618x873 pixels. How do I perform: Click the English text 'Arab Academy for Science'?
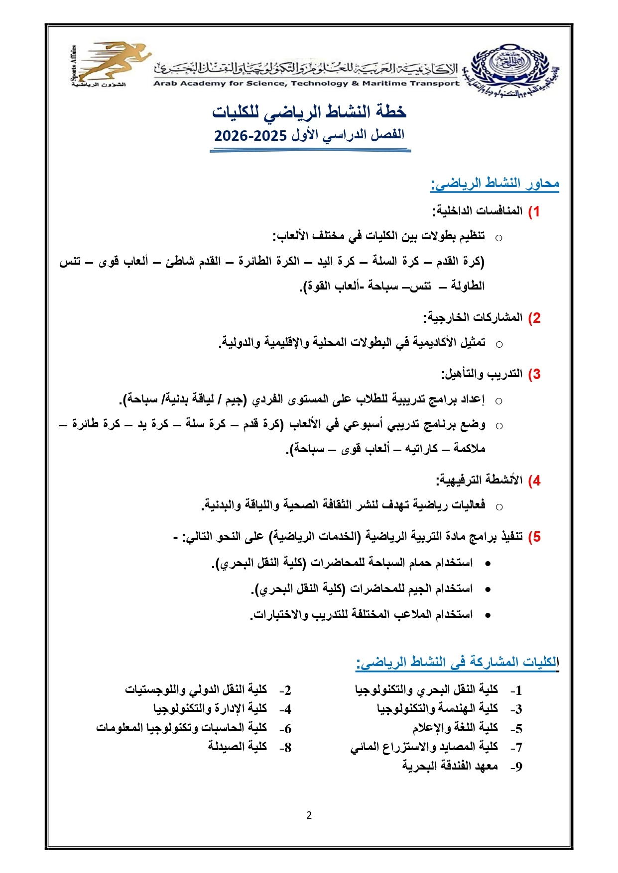[x=219, y=84]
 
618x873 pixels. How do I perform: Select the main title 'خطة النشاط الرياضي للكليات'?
[x=309, y=112]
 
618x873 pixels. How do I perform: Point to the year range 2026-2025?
[x=250, y=136]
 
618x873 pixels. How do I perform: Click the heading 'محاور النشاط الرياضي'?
[x=494, y=184]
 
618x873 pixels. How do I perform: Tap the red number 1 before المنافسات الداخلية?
[x=534, y=211]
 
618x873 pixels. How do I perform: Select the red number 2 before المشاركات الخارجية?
[x=534, y=318]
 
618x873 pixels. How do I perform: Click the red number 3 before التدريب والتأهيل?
[x=534, y=375]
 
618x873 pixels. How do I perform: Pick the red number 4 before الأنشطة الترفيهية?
[x=534, y=481]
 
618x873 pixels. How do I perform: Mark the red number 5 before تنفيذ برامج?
[x=534, y=537]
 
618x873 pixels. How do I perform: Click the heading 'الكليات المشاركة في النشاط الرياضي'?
[x=457, y=662]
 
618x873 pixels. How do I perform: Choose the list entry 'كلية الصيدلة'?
[x=238, y=747]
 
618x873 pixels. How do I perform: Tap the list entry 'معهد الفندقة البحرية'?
[x=450, y=766]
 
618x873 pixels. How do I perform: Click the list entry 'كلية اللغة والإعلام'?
[x=455, y=728]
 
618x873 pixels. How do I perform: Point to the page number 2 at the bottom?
[x=309, y=815]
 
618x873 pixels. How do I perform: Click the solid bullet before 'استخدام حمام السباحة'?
[x=488, y=563]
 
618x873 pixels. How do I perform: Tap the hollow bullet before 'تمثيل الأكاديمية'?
[x=498, y=344]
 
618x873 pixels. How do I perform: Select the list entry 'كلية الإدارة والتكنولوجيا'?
[x=210, y=708]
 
